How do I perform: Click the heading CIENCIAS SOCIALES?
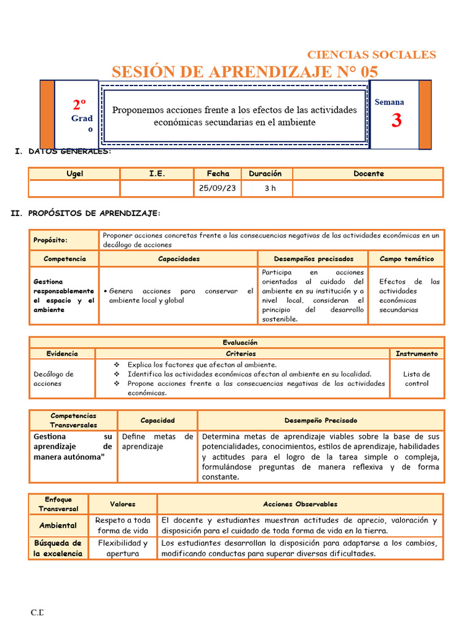(x=371, y=55)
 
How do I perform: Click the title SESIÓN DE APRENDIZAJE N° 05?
(x=245, y=72)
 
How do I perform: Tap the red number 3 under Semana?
(x=396, y=121)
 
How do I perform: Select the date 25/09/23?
(x=218, y=188)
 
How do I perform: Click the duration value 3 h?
(x=270, y=188)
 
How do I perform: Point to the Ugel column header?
(x=74, y=173)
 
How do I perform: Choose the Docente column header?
(x=368, y=173)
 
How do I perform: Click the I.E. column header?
(x=157, y=173)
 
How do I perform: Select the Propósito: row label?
(x=50, y=240)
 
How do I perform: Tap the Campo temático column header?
(x=406, y=259)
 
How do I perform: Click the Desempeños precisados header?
(x=313, y=259)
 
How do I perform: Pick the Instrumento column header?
(x=417, y=354)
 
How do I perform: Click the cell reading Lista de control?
(x=417, y=378)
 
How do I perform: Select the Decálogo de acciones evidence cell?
(x=53, y=378)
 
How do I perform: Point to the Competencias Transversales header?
(x=74, y=420)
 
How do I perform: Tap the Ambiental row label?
(x=58, y=525)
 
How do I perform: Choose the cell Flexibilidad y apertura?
(x=123, y=548)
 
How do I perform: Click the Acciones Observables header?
(x=300, y=504)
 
